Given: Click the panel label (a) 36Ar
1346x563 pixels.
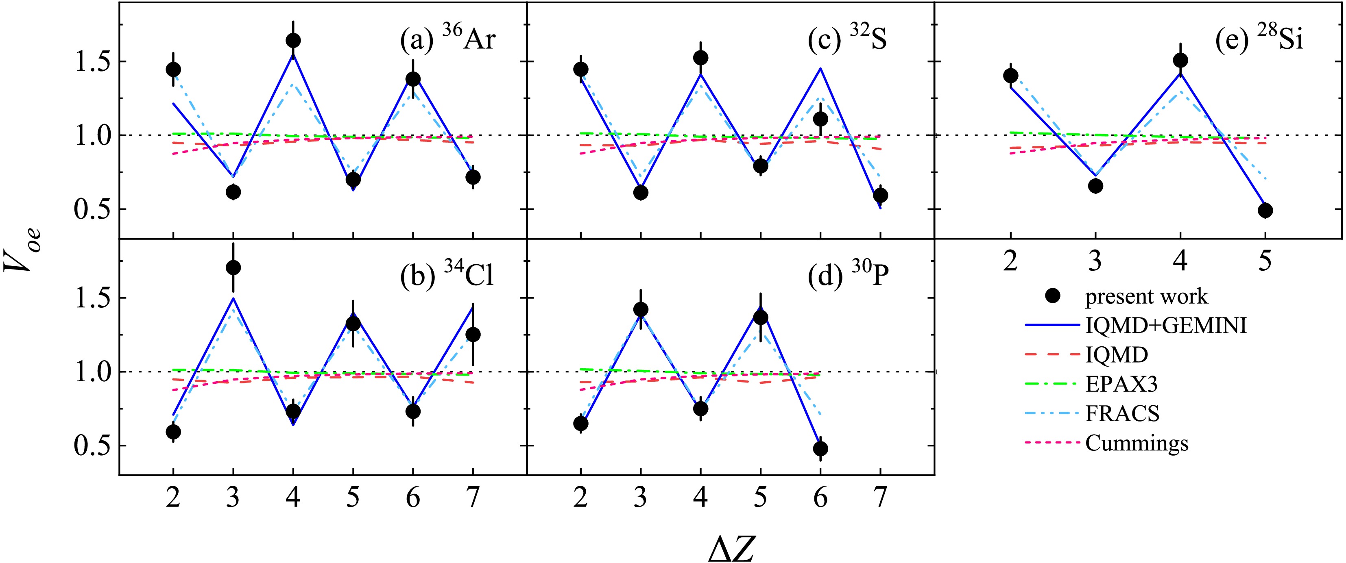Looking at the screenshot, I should pyautogui.click(x=448, y=39).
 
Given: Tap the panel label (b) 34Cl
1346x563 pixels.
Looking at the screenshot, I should pyautogui.click(x=447, y=275).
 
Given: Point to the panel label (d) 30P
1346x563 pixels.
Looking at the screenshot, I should pyautogui.click(x=848, y=275).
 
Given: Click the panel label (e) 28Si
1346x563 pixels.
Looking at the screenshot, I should pyautogui.click(x=1259, y=39).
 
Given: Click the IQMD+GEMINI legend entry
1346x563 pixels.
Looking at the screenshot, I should pyautogui.click(x=1166, y=325).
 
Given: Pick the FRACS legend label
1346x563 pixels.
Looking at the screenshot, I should pyautogui.click(x=1122, y=414).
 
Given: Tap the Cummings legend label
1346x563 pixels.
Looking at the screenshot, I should pyautogui.click(x=1137, y=443).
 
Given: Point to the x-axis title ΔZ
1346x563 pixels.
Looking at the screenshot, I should pyautogui.click(x=731, y=548).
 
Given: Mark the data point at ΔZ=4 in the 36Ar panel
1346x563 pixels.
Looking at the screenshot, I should pyautogui.click(x=293, y=40).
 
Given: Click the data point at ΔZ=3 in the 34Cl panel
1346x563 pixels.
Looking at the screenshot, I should pyautogui.click(x=233, y=267).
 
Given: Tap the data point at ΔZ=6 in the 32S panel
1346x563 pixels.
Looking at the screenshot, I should pyautogui.click(x=820, y=119).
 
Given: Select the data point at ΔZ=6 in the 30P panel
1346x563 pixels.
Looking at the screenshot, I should pyautogui.click(x=820, y=448).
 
